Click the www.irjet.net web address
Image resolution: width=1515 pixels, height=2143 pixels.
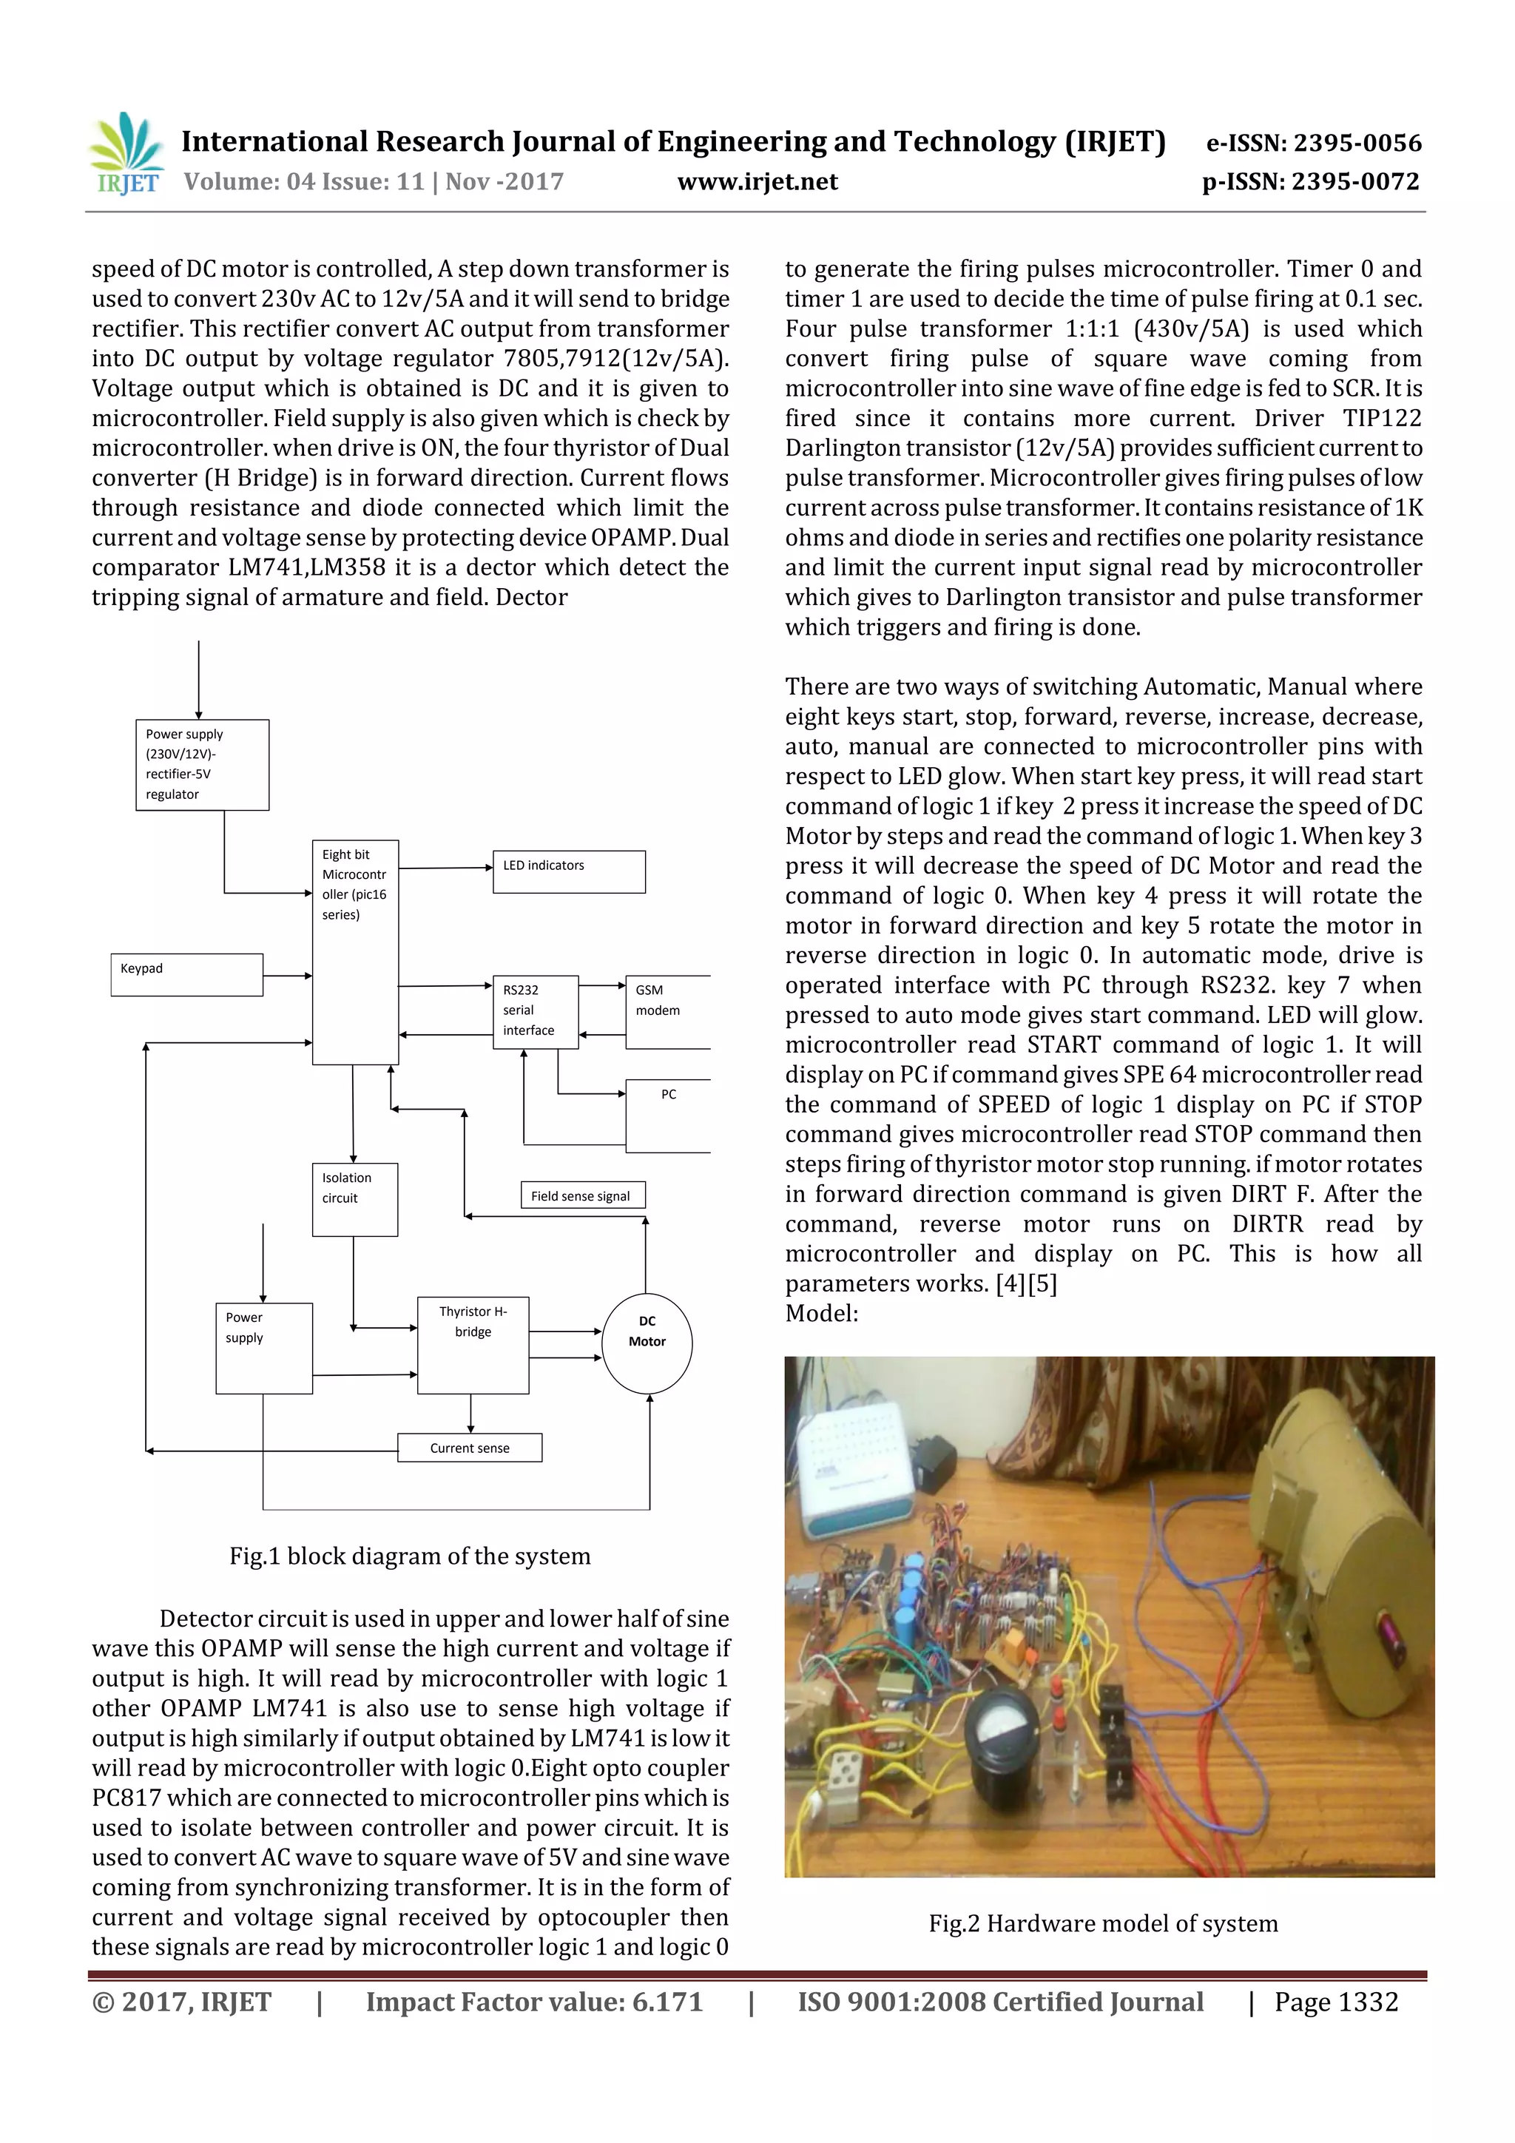click(x=757, y=182)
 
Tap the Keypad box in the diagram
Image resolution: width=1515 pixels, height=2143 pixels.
click(x=186, y=974)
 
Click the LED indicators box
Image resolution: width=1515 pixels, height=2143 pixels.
click(x=568, y=871)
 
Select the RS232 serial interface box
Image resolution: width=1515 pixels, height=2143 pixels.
click(x=535, y=1012)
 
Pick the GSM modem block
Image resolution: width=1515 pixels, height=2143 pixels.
click(x=667, y=1012)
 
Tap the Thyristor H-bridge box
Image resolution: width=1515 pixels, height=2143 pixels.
click(x=473, y=1344)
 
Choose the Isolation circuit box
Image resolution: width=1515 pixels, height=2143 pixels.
click(x=355, y=1198)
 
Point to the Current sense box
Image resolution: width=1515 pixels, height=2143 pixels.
click(x=470, y=1448)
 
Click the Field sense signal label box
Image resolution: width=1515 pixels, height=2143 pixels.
click(x=581, y=1195)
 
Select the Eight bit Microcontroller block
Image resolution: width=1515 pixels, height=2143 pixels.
click(x=355, y=952)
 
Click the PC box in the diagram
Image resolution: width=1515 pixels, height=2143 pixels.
click(x=668, y=1116)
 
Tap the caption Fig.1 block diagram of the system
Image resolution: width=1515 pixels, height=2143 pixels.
click(x=410, y=1556)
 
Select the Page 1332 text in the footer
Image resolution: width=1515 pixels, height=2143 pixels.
click(x=1336, y=2002)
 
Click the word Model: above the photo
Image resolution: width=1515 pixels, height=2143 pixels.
click(x=821, y=1313)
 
